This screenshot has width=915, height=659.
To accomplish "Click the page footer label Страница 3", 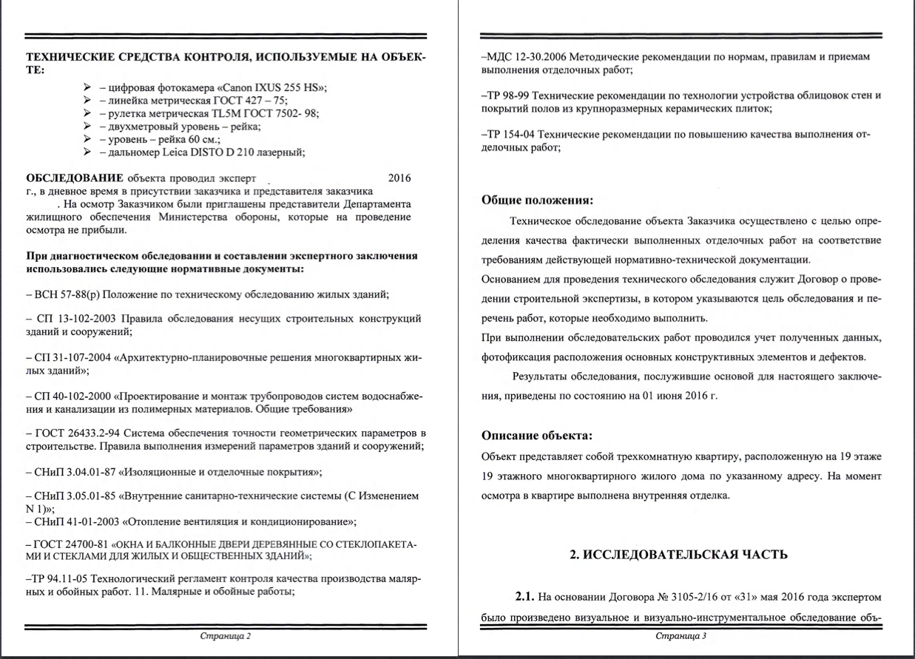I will tap(681, 637).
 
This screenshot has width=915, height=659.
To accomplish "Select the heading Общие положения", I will tap(537, 200).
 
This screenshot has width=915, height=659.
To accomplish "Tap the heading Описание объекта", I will tap(536, 435).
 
